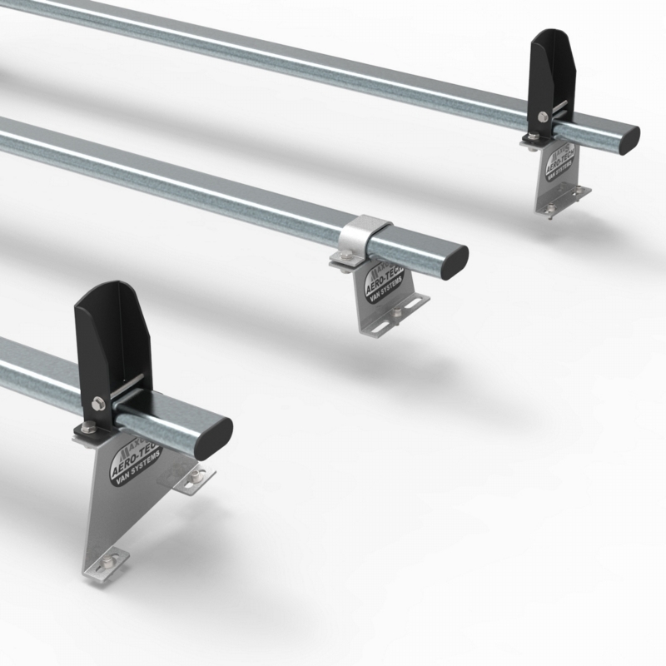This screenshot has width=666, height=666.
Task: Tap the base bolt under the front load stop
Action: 87,428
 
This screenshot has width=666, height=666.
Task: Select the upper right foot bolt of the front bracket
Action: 196,475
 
